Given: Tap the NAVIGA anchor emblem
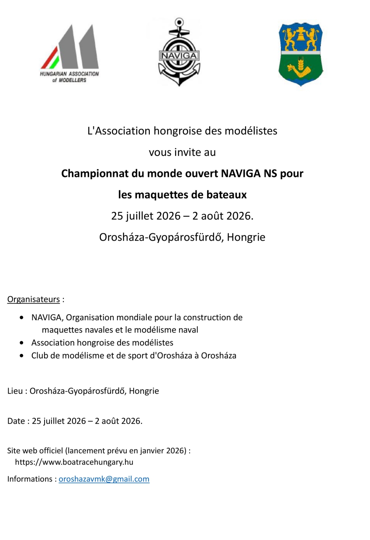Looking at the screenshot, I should pos(179,52).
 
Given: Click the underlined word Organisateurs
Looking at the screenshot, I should pos(34,299).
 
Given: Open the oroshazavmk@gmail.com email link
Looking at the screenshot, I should pos(104,479).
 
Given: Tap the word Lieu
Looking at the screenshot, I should pos(15,391).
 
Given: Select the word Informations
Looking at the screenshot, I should pos(30,479).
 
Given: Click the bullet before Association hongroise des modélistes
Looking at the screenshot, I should pos(22,343).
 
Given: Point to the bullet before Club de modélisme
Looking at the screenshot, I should pos(22,356).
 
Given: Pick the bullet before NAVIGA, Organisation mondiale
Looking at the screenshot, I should pos(22,318).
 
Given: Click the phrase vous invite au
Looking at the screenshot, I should pos(182,152).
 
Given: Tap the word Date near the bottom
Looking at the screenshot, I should pos(16,421).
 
